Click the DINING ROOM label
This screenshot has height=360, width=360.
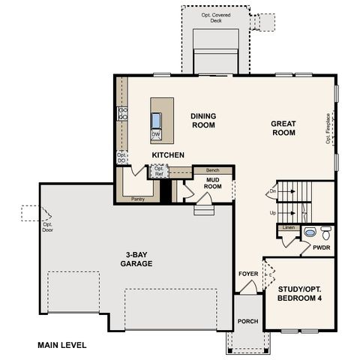(202, 121)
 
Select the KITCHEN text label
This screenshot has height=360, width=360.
(168, 155)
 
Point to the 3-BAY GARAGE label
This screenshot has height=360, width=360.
(137, 259)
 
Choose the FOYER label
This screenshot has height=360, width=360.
(248, 274)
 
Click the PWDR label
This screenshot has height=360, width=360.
(321, 246)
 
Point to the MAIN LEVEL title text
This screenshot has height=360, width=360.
(62, 346)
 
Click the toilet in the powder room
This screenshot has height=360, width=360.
(325, 232)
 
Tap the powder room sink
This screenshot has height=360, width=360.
(310, 233)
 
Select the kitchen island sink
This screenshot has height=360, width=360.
(156, 120)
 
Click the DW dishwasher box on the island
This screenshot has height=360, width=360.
(156, 135)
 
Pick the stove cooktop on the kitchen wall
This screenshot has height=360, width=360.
(122, 114)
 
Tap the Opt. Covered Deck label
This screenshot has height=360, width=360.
(216, 18)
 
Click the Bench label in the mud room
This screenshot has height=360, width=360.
(212, 171)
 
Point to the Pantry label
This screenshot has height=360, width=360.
(137, 199)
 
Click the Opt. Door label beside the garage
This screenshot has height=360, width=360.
(47, 226)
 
